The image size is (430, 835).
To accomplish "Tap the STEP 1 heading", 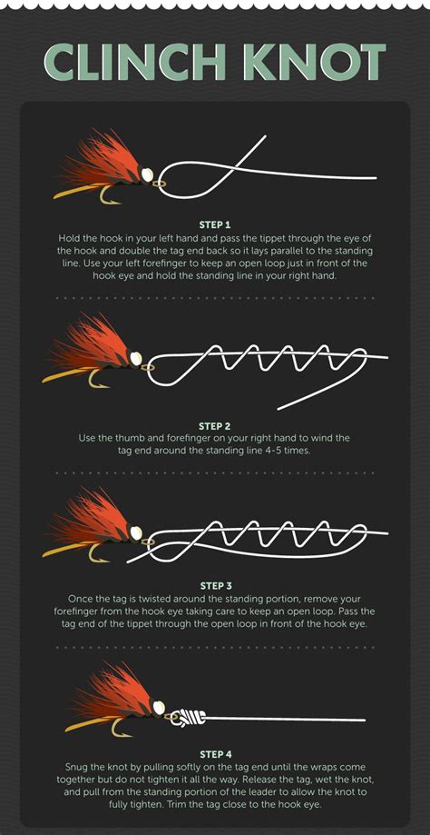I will click(215, 224).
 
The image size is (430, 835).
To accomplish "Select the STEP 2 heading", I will click(215, 425).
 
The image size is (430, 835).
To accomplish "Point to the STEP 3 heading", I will click(215, 586).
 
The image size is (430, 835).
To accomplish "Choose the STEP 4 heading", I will click(215, 753).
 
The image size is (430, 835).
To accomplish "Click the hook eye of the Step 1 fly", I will click(160, 182).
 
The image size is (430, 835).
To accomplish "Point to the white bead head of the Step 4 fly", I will click(159, 706).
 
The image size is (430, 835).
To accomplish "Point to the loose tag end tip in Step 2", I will click(280, 406).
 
